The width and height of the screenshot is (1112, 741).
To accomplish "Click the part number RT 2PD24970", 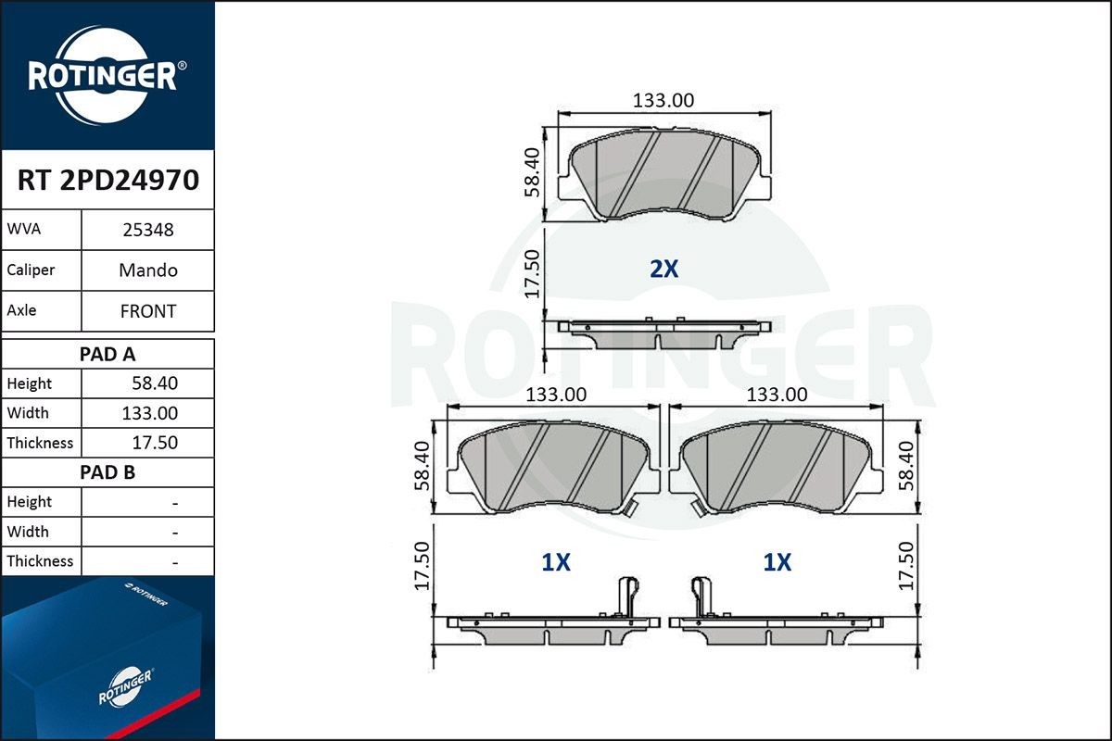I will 107,180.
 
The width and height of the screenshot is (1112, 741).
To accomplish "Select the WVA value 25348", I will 148,230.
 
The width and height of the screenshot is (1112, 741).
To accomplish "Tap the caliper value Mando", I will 148,270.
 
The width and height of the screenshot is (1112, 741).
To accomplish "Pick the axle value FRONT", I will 148,311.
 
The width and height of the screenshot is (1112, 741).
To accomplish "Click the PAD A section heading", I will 107,354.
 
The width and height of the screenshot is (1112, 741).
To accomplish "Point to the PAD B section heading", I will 107,472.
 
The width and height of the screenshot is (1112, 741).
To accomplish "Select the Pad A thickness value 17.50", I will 155,443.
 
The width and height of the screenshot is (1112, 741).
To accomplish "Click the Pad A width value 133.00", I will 151,413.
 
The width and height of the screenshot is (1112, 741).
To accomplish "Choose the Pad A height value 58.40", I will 155,383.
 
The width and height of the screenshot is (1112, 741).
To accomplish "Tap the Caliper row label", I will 31,270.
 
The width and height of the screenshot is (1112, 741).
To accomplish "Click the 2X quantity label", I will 663,270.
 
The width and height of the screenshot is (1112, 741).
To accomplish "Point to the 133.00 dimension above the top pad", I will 663,100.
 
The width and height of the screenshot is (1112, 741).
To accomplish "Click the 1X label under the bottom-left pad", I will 555,562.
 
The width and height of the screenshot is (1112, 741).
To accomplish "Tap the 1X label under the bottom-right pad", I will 777,562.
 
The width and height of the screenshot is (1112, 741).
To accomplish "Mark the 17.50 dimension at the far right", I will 906,566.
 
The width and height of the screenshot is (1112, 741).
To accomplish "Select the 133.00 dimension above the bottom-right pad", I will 777,395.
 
